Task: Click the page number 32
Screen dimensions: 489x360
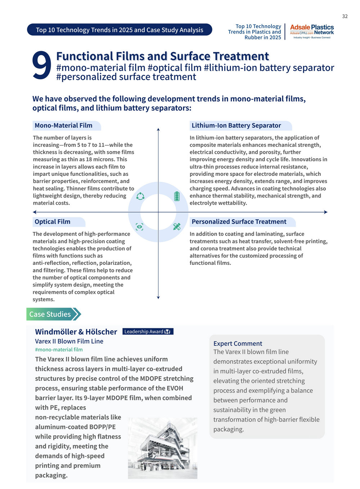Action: click(345, 16)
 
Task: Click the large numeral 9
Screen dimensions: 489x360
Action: click(41, 65)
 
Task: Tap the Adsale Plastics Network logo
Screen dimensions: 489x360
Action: click(312, 32)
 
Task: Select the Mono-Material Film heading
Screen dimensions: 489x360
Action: click(64, 125)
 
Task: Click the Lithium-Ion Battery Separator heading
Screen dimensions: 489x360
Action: click(236, 125)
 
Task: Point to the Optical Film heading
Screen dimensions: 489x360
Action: click(53, 222)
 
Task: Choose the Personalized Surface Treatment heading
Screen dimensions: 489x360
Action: click(239, 222)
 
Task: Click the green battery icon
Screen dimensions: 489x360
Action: click(176, 196)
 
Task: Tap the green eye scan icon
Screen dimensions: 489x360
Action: click(140, 227)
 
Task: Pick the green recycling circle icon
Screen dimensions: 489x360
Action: click(140, 196)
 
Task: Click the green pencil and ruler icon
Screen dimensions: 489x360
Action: click(176, 227)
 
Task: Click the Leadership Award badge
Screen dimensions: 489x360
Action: click(148, 332)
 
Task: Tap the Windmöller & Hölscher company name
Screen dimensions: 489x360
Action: click(76, 332)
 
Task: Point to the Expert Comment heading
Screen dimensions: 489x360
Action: click(238, 343)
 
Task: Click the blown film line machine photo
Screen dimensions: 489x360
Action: click(162, 448)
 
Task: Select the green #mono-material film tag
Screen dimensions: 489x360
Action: click(59, 350)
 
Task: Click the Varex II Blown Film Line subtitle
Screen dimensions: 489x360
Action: click(69, 341)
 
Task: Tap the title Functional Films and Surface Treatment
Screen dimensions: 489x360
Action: click(162, 56)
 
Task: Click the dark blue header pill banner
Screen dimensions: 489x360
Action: click(120, 30)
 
